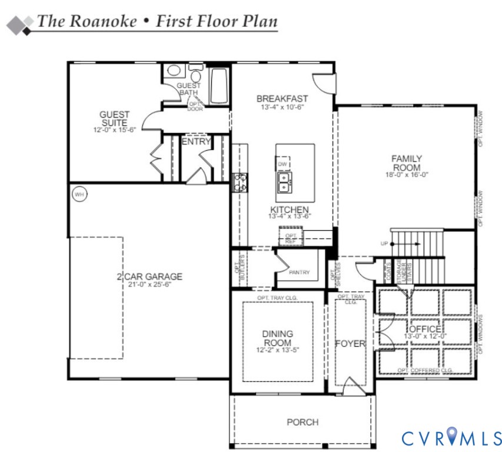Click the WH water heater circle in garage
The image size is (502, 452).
(x=78, y=193)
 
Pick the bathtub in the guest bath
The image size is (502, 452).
(x=220, y=86)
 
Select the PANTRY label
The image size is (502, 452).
(x=300, y=272)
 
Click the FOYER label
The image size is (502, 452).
(x=350, y=344)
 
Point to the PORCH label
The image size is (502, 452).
(x=302, y=422)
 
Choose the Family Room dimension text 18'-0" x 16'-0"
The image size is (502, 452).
(x=407, y=175)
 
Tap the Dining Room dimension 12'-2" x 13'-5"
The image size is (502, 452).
(x=277, y=350)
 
